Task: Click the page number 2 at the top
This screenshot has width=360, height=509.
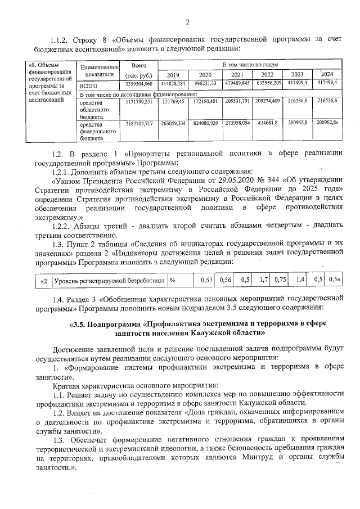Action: point(187,22)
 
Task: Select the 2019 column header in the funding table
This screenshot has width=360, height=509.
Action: point(173,75)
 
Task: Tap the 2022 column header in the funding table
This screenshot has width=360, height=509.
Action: point(267,75)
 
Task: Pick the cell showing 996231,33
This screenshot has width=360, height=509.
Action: point(206,84)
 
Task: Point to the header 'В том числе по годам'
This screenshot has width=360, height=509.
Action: point(250,66)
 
